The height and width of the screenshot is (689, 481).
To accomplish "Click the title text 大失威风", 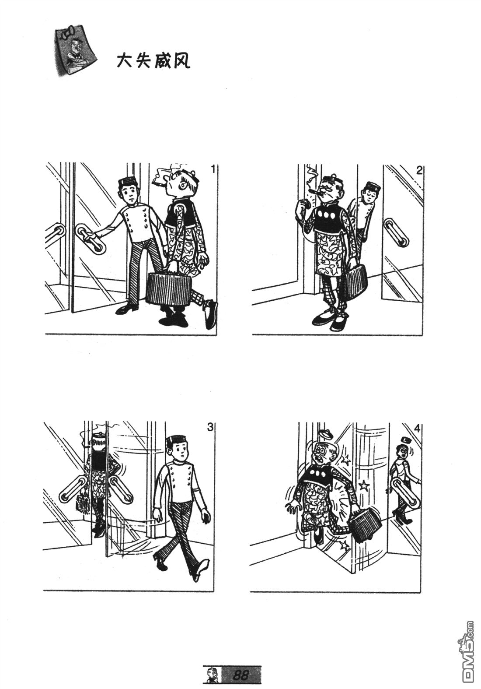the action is (x=153, y=61).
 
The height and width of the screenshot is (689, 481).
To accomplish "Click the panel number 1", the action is (x=213, y=169).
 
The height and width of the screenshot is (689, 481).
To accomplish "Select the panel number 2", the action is (x=419, y=171).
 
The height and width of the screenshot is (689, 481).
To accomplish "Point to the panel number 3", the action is (x=210, y=427).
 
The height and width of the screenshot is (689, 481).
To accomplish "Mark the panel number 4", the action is (x=418, y=429).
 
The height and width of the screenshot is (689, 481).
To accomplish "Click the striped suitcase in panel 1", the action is (x=170, y=288).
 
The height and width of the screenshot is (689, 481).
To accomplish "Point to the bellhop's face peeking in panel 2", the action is (x=368, y=193).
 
